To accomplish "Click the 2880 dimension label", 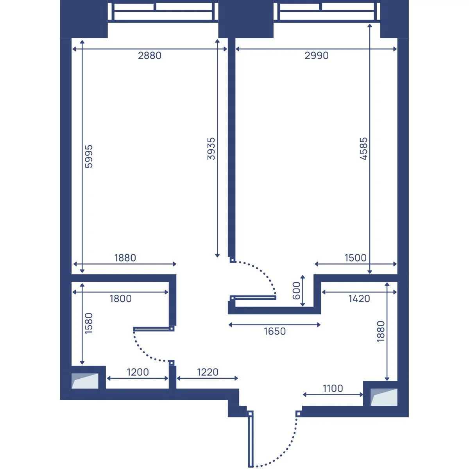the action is tap(149, 56).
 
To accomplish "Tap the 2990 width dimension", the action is tap(317, 56).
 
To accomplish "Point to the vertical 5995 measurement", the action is tap(89, 156).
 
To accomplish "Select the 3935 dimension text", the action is tap(211, 149).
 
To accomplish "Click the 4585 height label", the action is tap(363, 149).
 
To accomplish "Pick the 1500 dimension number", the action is tap(355, 258).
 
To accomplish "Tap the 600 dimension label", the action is tap(296, 291).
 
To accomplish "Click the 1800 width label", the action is tap(120, 299).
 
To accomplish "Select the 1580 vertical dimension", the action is tap(89, 323).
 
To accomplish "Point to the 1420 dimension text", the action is tap(359, 299).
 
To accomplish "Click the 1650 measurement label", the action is tap(275, 331).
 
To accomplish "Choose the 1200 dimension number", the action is tap(138, 372).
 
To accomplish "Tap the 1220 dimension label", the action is tap(208, 372).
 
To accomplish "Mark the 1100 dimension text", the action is tap(333, 388).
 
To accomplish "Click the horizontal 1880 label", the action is tap(125, 258).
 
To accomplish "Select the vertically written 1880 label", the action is tap(381, 331).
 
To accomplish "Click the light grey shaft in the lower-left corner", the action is tap(85, 381).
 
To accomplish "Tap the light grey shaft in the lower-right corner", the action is tap(384, 397).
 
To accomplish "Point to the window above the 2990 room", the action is tap(327, 11).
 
